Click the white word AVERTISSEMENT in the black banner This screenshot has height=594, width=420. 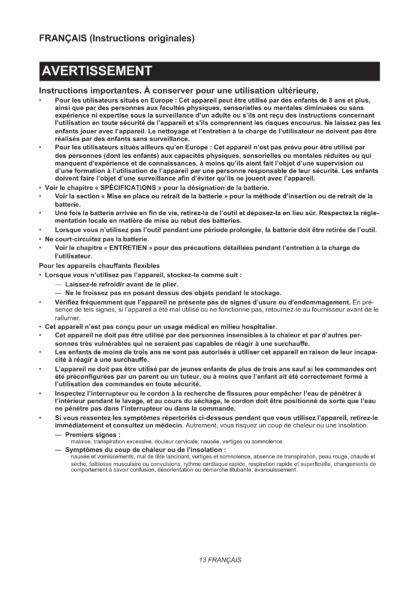point(96,71)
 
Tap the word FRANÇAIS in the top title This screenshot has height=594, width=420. point(63,38)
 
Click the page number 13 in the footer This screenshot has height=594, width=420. point(202,560)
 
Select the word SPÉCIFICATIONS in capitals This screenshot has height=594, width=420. point(128,188)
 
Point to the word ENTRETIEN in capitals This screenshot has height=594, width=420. point(128,248)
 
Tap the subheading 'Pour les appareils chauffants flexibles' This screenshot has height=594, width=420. point(99,266)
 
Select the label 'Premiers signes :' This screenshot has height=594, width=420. point(93,435)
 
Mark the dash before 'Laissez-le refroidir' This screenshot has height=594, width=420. point(58,285)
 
